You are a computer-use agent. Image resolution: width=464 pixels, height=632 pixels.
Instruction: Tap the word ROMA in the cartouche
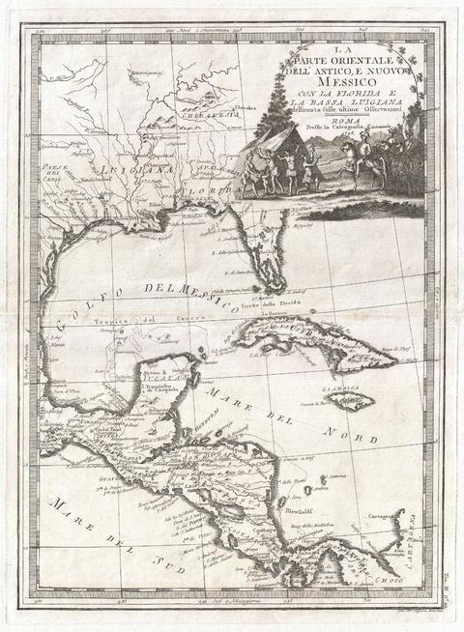coord(329,124)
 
